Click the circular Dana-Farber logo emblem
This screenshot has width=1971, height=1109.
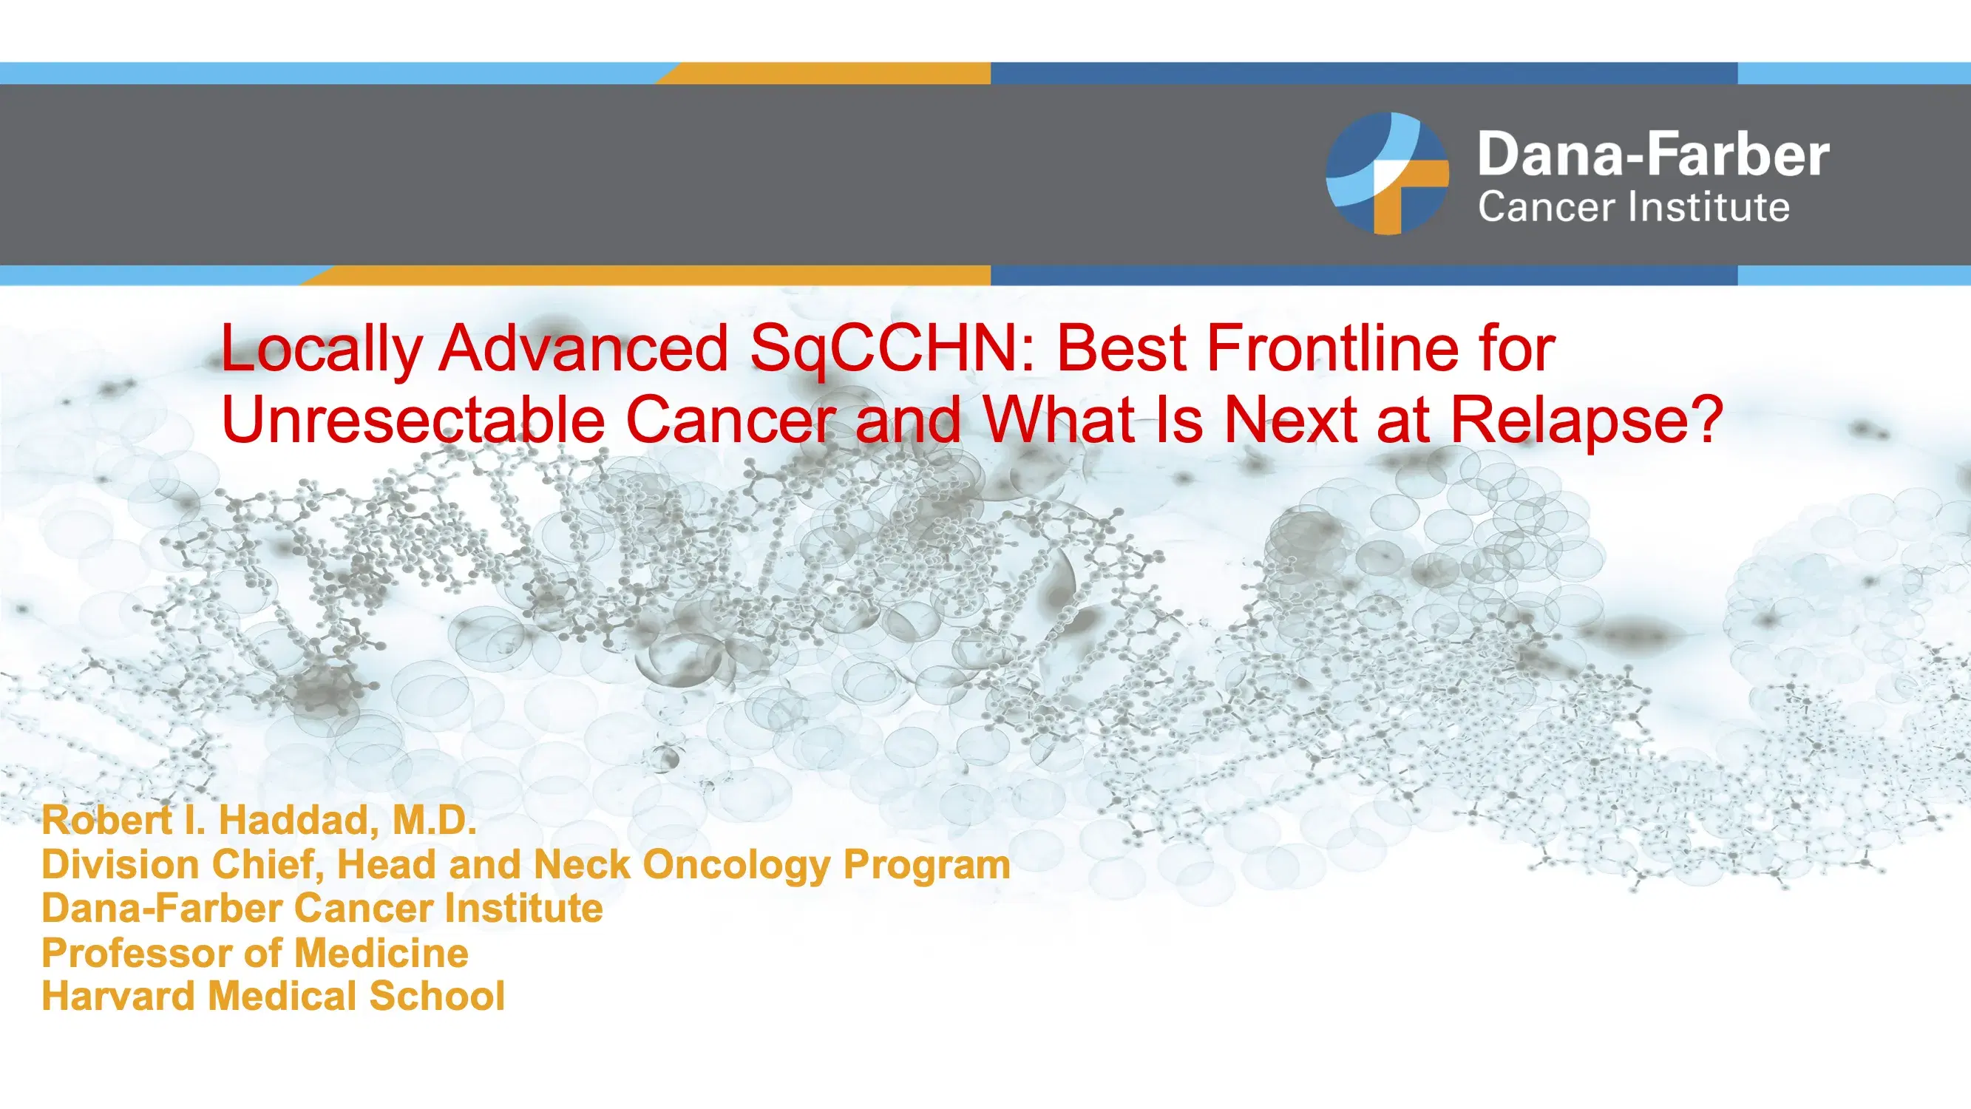coord(1387,173)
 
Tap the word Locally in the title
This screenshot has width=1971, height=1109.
coord(322,350)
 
